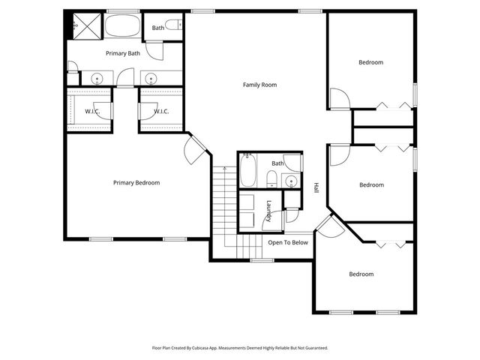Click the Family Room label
pos(259,85)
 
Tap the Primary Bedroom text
pos(136,182)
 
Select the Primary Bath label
pos(123,53)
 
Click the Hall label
pos(316,187)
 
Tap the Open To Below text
pos(288,242)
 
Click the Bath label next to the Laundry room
pos(277,163)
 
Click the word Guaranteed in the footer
pos(313,348)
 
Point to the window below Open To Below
pos(261,260)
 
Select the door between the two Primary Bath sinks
pos(124,77)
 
